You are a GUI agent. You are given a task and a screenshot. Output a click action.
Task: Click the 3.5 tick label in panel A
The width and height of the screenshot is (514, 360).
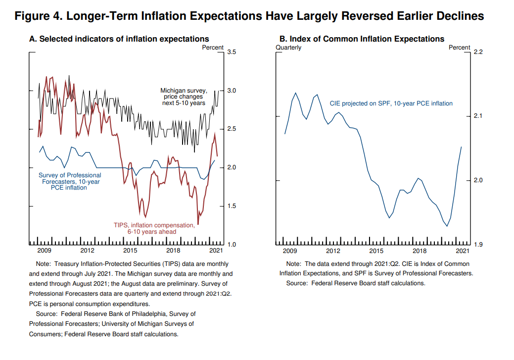coord(232,52)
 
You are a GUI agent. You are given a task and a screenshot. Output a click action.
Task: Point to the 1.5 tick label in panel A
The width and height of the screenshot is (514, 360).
coord(232,206)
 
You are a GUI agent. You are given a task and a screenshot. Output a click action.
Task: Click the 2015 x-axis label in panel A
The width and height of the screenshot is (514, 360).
coord(131,251)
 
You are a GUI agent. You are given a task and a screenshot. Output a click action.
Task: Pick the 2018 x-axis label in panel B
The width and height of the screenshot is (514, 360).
coord(420,251)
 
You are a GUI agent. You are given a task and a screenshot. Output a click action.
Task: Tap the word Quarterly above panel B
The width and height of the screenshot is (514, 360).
coord(288,48)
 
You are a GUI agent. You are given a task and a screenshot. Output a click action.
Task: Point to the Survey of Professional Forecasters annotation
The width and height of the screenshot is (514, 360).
coord(70,181)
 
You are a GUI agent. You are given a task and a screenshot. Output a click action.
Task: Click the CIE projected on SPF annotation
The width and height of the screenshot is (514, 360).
coord(391,103)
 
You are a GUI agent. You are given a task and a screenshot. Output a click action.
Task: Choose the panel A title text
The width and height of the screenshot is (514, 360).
coord(119,39)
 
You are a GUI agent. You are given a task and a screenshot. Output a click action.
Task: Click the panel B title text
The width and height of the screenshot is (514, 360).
coord(362,39)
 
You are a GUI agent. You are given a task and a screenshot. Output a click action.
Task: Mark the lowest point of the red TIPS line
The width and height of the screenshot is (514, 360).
coord(198,224)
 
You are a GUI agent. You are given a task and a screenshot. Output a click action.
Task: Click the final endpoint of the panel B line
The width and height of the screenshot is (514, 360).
coord(462,147)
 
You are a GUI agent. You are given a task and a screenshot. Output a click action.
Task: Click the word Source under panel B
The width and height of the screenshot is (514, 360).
coord(297,283)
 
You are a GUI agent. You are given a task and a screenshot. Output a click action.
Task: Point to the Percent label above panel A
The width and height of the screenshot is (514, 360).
coord(213,48)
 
